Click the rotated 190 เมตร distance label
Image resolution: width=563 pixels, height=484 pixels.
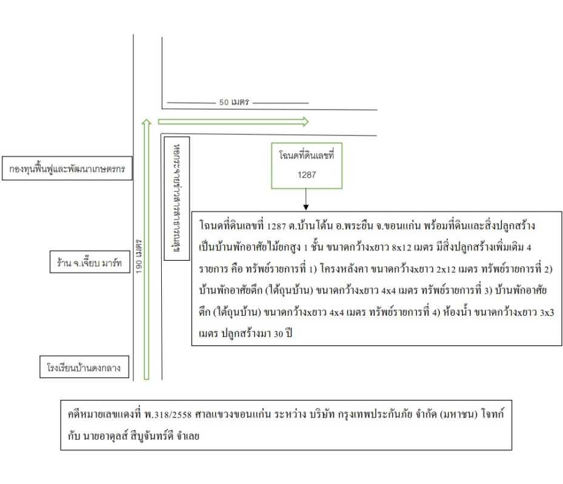[139, 255]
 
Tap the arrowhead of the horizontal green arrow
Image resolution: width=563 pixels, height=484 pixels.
[305, 122]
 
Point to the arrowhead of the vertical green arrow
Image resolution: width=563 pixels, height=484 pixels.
[145, 122]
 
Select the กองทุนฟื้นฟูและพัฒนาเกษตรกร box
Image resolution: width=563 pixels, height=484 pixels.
[67, 169]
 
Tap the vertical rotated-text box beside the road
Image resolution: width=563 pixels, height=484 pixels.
[178, 198]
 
